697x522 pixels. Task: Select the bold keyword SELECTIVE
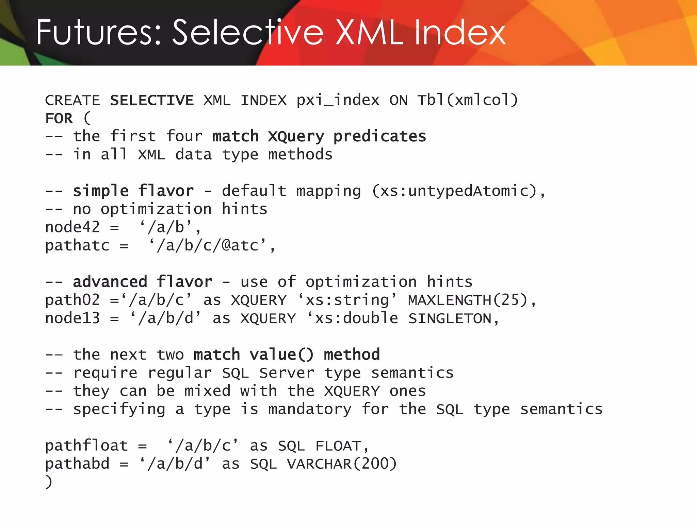click(152, 100)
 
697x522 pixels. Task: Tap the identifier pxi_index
click(338, 100)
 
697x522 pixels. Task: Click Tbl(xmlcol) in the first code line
click(468, 100)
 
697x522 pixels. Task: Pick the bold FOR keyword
click(59, 119)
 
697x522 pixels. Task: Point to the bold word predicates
click(379, 137)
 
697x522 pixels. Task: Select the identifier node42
click(72, 227)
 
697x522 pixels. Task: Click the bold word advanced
click(110, 282)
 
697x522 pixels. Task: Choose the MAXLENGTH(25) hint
click(468, 300)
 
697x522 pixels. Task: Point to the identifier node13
click(72, 318)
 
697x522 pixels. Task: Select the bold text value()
click(281, 355)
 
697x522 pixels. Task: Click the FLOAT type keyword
click(338, 446)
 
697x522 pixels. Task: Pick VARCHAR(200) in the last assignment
click(342, 464)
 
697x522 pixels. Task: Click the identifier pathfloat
click(86, 446)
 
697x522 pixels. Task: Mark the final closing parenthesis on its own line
click(49, 482)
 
